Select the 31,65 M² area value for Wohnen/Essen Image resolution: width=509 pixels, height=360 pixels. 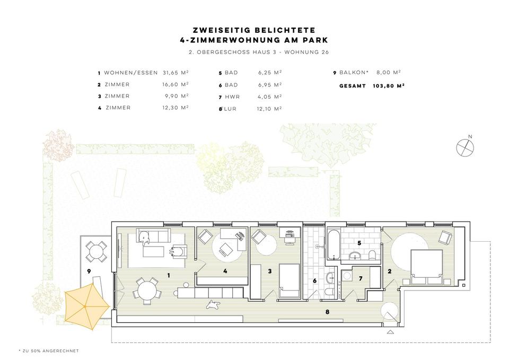[175, 73]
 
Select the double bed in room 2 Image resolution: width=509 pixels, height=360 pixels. [427, 265]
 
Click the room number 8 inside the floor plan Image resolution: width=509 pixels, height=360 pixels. [327, 312]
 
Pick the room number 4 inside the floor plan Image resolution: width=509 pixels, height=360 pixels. [225, 271]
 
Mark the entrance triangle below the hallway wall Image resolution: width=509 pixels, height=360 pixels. [391, 332]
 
